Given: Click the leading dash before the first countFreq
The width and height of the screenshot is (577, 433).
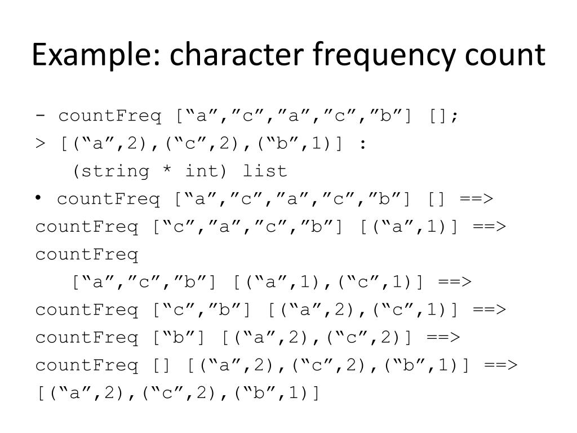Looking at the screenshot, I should (41, 117).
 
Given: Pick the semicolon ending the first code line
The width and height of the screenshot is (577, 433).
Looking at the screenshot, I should (455, 117).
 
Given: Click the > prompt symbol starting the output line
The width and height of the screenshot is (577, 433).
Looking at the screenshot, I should (40, 144).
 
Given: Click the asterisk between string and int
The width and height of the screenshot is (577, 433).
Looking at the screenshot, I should (167, 171).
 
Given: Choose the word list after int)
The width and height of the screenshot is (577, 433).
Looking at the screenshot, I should (265, 171).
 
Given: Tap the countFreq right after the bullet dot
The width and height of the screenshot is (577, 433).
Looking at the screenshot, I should (109, 199).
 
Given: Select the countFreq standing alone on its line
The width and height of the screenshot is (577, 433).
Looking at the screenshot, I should (87, 254).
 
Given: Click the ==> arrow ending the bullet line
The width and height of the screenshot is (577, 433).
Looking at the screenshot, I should (476, 199).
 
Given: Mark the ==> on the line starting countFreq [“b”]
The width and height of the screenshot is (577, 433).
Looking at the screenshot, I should (443, 337).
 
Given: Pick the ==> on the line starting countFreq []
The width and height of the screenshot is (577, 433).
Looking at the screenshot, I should (500, 365).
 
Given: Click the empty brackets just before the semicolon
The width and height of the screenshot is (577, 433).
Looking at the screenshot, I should (438, 117).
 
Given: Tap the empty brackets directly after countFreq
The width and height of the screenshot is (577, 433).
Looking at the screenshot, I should (161, 365).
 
